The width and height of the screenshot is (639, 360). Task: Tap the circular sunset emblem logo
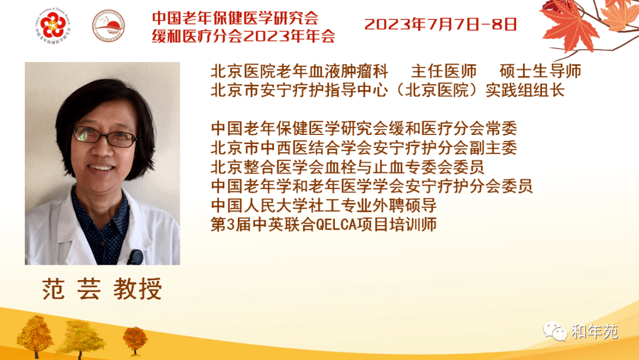(108, 25)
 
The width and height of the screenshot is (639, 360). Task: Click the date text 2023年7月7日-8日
(441, 24)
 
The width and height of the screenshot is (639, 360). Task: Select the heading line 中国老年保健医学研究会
(235, 18)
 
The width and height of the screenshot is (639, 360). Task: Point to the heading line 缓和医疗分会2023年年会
(244, 36)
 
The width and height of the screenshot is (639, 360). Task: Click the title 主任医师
(444, 71)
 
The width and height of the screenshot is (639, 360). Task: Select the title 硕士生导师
(540, 71)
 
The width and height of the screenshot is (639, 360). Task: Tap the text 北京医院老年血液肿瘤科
(299, 71)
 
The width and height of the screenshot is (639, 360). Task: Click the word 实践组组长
(525, 91)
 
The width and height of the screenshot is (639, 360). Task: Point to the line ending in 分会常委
(364, 128)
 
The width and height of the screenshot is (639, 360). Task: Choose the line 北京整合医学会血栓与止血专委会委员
(348, 167)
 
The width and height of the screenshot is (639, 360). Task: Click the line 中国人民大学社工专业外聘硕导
(324, 205)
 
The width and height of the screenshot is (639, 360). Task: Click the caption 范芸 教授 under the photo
(102, 289)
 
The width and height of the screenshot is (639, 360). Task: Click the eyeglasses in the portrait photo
(104, 136)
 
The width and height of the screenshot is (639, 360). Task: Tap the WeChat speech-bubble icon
(554, 330)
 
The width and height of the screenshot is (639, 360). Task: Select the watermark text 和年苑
(595, 332)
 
